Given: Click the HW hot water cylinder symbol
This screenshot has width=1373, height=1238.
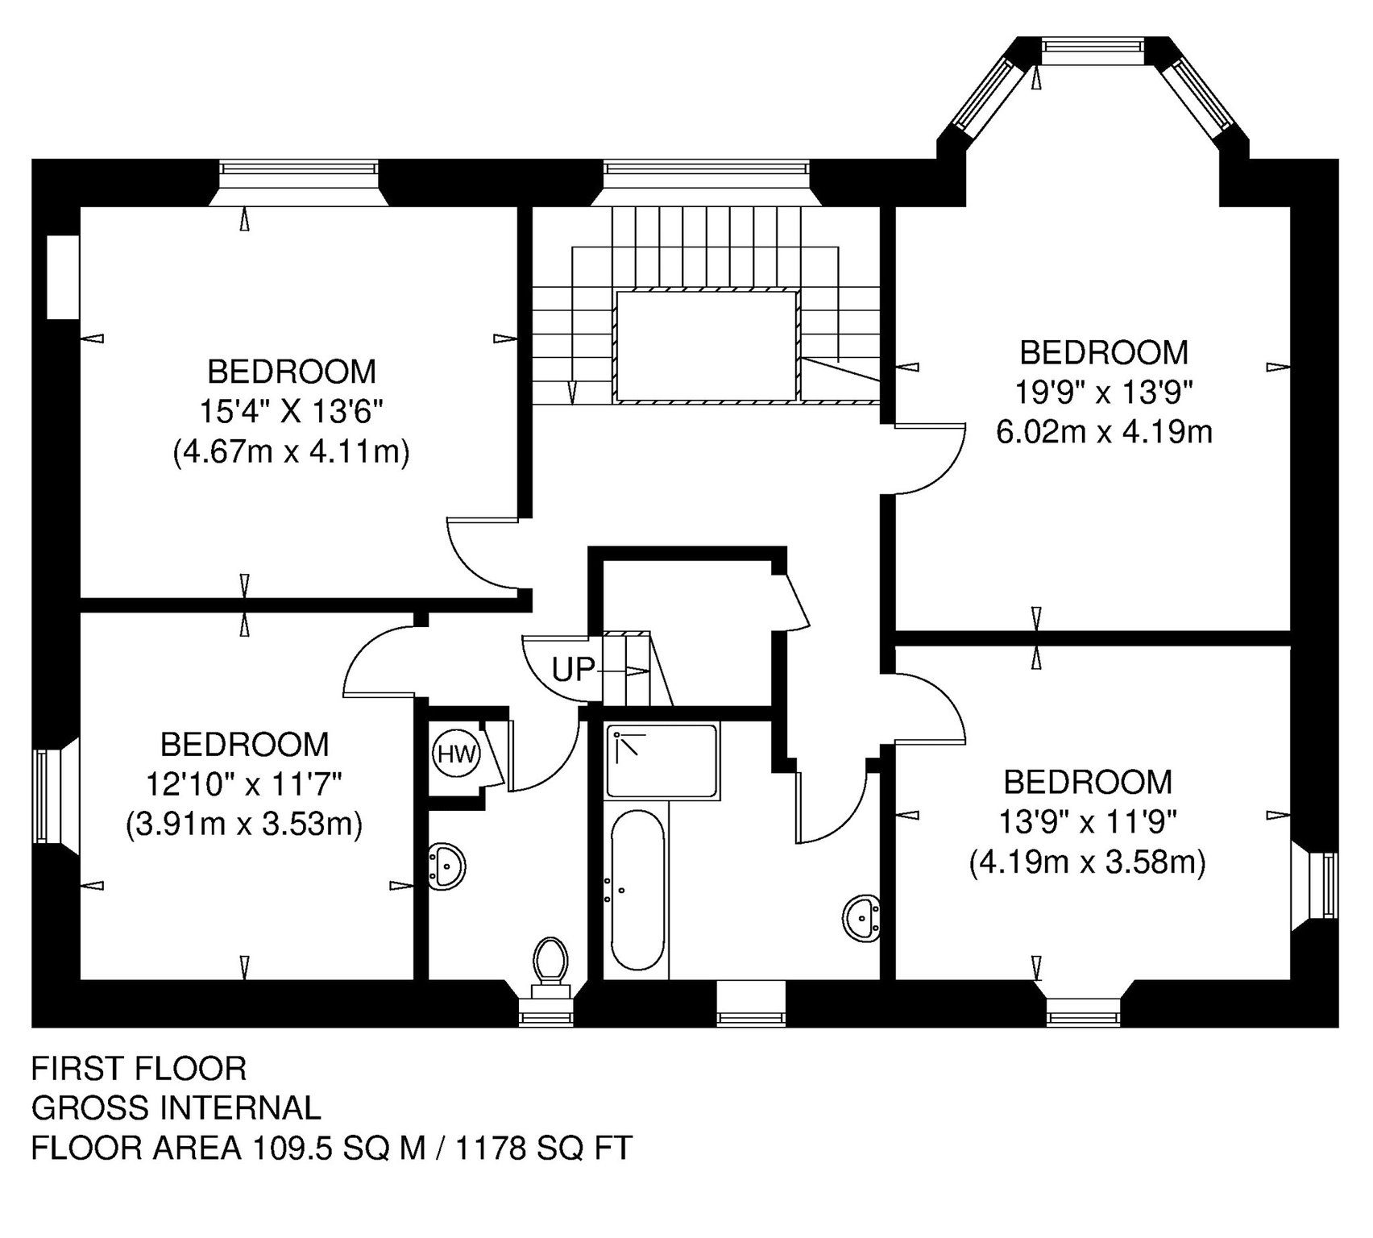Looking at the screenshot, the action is point(457,755).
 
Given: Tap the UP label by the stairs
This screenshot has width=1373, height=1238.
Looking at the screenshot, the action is point(573,669).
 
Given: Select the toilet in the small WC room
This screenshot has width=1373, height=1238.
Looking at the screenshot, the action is point(551,962).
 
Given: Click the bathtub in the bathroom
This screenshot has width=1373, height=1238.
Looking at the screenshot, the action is point(638,890).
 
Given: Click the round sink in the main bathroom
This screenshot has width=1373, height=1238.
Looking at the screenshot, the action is point(863,916).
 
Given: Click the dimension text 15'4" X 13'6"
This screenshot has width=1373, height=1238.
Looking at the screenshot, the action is point(290,412).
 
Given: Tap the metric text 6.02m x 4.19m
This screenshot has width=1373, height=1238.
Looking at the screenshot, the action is point(1104,433).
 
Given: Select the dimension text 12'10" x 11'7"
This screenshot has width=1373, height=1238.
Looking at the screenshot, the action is point(245,783).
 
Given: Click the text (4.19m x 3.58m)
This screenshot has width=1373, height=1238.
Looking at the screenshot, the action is point(1087,863).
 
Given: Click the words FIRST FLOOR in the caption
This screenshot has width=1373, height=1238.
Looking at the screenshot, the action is point(139,1069).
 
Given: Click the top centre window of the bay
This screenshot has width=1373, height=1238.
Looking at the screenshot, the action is point(1092,49).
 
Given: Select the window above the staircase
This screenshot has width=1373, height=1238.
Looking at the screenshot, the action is point(705,169).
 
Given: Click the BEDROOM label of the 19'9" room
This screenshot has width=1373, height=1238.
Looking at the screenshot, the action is point(1104,353).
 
